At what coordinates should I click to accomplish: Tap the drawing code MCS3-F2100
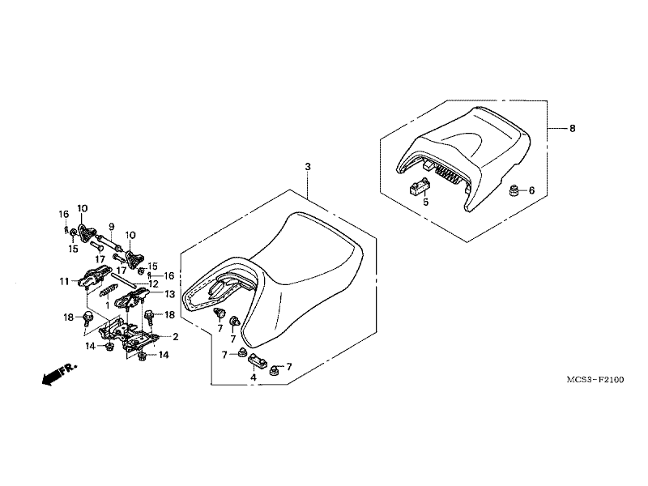click(595, 379)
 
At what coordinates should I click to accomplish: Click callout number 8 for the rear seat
click(573, 129)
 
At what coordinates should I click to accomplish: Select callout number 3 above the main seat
click(308, 167)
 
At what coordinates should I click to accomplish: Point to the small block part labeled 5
click(420, 186)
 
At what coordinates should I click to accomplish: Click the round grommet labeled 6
click(514, 190)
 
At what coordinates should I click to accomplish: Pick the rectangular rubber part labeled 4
click(257, 363)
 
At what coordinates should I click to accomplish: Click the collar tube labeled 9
click(109, 242)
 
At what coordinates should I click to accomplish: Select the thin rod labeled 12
click(122, 279)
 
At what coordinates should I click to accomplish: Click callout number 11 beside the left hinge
click(64, 282)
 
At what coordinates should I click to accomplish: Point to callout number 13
click(170, 294)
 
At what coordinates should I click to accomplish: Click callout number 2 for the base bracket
click(176, 337)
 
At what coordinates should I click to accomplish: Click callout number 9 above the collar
click(111, 227)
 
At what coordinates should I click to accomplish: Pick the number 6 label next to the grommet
click(532, 190)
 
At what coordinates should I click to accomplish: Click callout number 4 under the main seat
click(254, 377)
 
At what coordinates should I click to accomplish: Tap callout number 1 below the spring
click(108, 305)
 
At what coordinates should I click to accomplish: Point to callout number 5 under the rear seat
click(426, 202)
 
